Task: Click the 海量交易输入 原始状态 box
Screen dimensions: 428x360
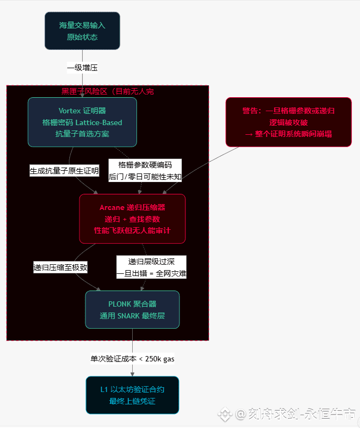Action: pos(82,31)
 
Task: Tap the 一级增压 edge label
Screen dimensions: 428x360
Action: pos(82,68)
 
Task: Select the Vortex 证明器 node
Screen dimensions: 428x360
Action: pos(82,122)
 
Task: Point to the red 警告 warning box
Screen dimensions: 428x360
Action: pos(289,122)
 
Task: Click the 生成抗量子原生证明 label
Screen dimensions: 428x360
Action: pos(64,171)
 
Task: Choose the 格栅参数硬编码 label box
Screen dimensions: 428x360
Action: pos(145,170)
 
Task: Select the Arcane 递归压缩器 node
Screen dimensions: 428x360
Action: pos(132,219)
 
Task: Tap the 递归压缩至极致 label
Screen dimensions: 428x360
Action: pos(60,267)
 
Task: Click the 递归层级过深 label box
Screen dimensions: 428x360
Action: pos(152,267)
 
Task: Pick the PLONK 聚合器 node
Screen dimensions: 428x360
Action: pos(132,309)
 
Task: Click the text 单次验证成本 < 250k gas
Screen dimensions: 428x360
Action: pos(132,358)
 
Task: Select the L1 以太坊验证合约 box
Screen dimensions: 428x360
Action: pos(132,395)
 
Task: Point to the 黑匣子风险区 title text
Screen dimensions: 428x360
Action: pos(107,91)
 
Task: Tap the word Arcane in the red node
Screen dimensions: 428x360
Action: pos(112,208)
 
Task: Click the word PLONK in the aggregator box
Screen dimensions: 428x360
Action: pos(119,304)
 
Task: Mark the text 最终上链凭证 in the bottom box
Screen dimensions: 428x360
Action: pos(132,401)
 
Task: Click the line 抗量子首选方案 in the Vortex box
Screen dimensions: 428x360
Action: pos(82,133)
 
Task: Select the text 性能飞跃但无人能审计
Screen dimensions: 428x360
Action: pos(132,230)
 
